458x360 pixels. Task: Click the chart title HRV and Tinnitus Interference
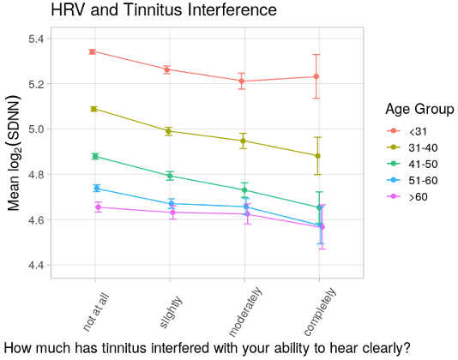point(163,10)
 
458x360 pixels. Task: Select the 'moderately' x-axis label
point(245,311)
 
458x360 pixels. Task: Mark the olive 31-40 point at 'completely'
point(317,156)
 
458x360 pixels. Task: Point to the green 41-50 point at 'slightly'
point(170,176)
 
